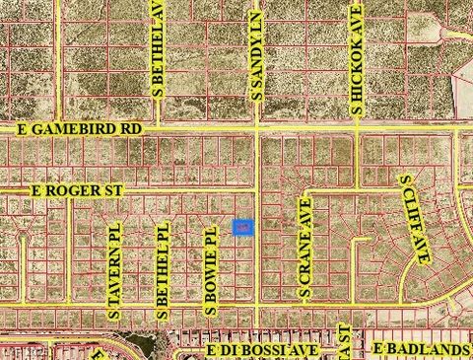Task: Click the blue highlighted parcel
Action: coord(242,227)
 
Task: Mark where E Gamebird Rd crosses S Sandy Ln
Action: coord(257,129)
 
